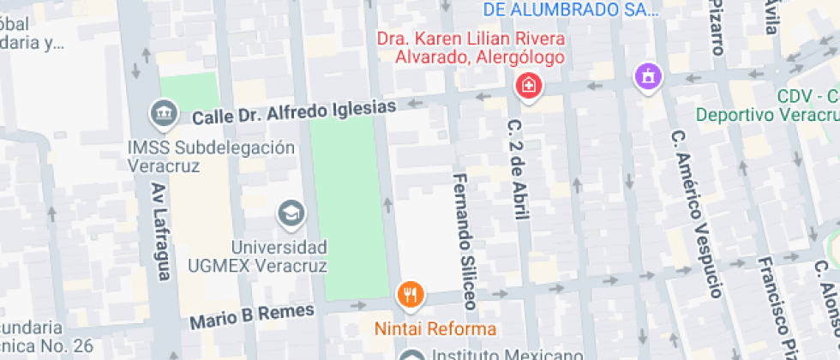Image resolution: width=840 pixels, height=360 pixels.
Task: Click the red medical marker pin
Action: pyautogui.click(x=528, y=85)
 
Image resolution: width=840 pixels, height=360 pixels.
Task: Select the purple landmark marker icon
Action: pyautogui.click(x=649, y=77)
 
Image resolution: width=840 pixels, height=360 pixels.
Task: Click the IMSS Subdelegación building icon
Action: pyautogui.click(x=162, y=112)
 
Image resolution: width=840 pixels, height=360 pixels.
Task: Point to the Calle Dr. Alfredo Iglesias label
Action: pyautogui.click(x=295, y=111)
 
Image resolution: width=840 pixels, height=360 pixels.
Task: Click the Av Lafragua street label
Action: pyautogui.click(x=160, y=231)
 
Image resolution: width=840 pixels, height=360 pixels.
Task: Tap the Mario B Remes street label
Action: pyautogui.click(x=252, y=315)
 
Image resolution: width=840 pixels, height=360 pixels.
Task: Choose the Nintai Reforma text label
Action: pyautogui.click(x=435, y=329)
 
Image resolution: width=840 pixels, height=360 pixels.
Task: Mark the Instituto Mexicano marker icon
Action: pyautogui.click(x=413, y=356)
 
